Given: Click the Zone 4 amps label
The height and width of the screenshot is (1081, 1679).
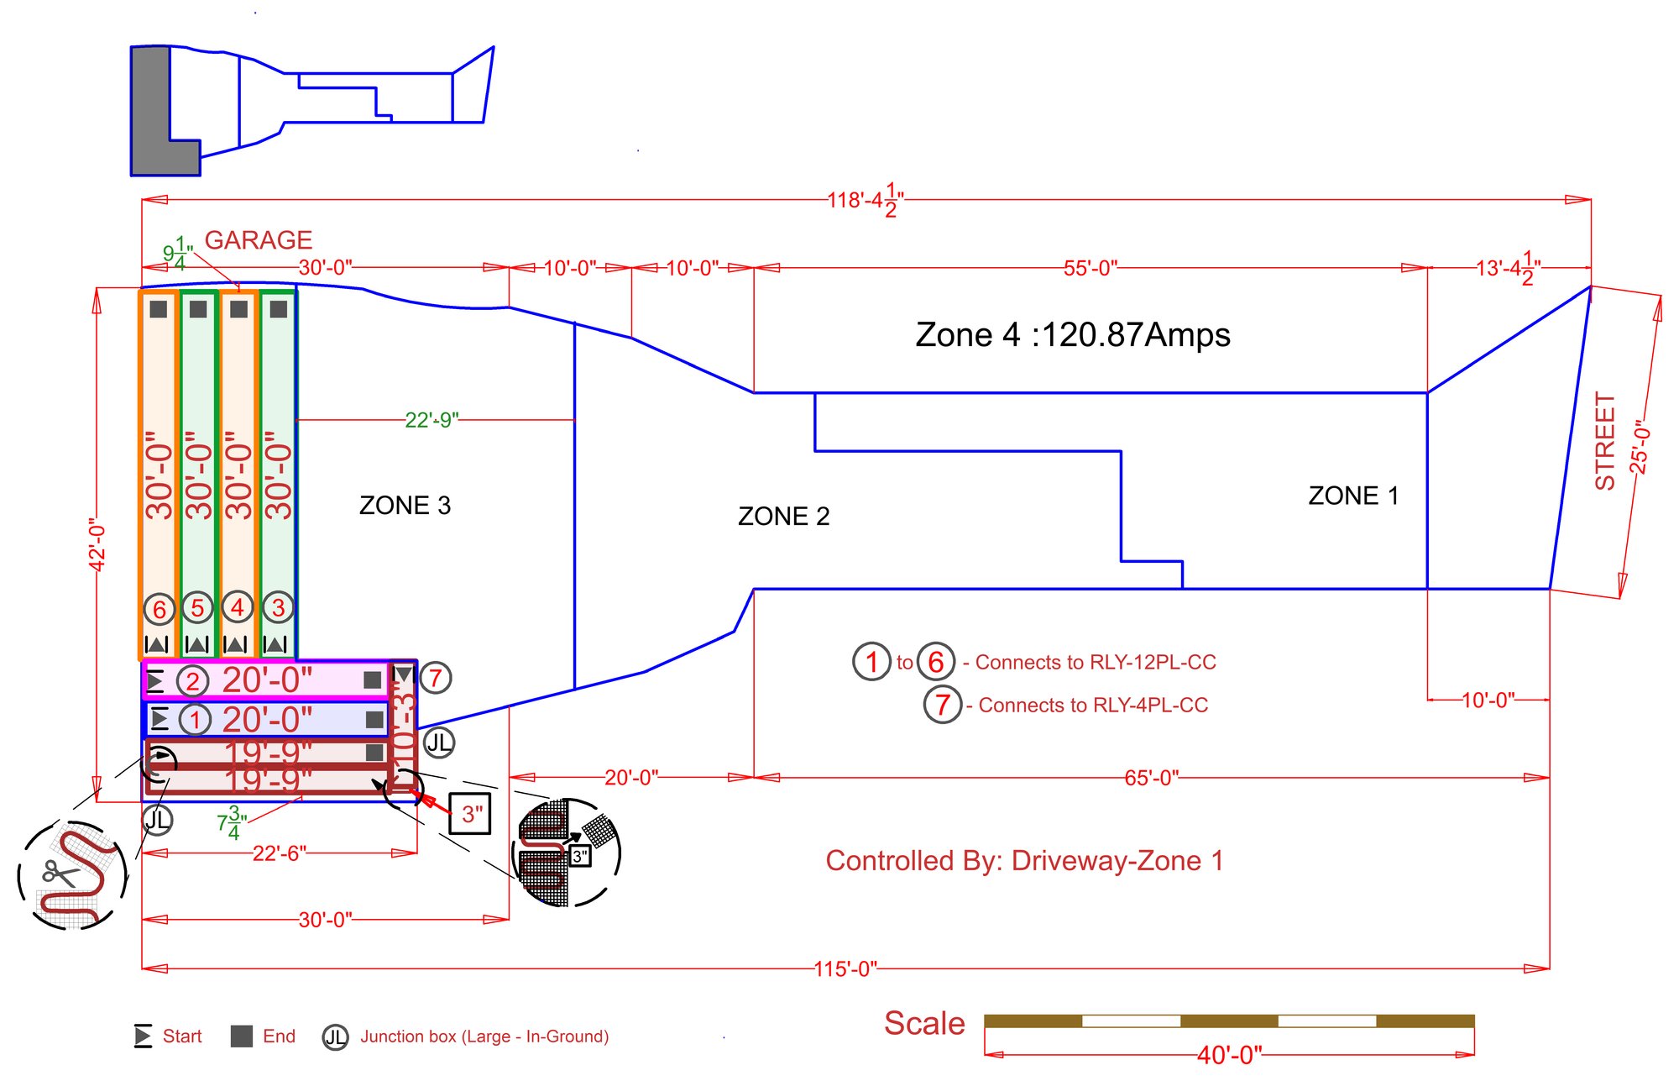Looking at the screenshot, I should (x=1072, y=335).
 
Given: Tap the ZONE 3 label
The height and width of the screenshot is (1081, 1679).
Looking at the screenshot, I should (x=405, y=506).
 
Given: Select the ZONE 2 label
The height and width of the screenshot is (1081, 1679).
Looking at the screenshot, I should (x=783, y=517).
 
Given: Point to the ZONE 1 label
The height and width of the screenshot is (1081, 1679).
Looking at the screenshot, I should (x=1353, y=496).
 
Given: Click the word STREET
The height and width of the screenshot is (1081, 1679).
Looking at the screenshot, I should (x=1604, y=441).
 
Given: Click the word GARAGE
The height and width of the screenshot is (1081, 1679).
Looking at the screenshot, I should (x=259, y=240).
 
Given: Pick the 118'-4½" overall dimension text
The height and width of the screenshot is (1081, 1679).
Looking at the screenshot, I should (x=864, y=201).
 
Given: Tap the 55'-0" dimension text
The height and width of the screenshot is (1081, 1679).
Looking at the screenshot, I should (x=1090, y=268).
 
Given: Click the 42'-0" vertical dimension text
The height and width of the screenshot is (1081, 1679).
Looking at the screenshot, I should (x=98, y=545).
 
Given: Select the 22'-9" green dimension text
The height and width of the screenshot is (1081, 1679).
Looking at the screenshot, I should (x=432, y=420).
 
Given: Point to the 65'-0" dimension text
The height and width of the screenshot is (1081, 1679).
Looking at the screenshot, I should (x=1151, y=778).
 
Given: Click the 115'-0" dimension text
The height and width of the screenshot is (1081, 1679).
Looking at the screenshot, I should (x=845, y=968).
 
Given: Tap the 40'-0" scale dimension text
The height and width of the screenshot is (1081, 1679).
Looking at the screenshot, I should (x=1229, y=1055).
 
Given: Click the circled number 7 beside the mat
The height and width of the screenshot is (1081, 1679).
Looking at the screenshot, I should (x=436, y=677).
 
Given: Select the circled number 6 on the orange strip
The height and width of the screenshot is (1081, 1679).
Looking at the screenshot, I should (x=160, y=609).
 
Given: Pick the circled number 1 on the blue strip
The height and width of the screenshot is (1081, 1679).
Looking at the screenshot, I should (x=195, y=720).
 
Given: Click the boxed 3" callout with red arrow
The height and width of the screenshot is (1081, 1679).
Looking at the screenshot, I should (x=470, y=813).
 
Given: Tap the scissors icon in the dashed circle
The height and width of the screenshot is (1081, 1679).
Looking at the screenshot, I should (x=59, y=874).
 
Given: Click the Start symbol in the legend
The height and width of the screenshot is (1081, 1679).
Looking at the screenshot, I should (x=143, y=1036).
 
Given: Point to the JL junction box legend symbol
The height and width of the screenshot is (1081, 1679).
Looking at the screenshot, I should (x=335, y=1037).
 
